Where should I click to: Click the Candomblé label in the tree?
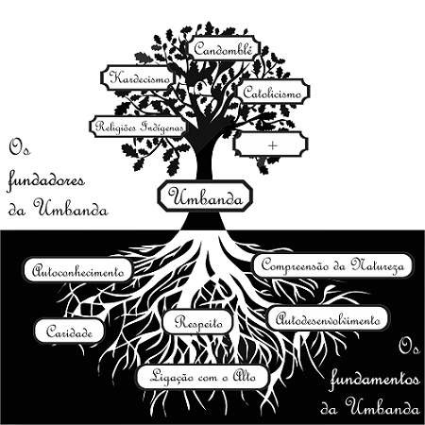pyautogui.click(x=224, y=49)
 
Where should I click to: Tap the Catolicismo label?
pyautogui.click(x=273, y=92)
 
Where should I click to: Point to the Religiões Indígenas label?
pyautogui.click(x=139, y=127)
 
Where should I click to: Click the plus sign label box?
pyautogui.click(x=271, y=144)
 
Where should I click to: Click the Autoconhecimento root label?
pyautogui.click(x=78, y=271)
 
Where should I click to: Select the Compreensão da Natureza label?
pyautogui.click(x=332, y=265)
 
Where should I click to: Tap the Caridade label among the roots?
pyautogui.click(x=69, y=331)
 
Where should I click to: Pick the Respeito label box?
pyautogui.click(x=198, y=322)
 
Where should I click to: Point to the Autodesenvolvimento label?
pyautogui.click(x=328, y=318)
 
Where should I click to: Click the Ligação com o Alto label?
pyautogui.click(x=202, y=377)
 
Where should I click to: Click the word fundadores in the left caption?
pyautogui.click(x=46, y=182)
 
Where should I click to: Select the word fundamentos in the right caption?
pyautogui.click(x=375, y=379)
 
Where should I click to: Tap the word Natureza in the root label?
pyautogui.click(x=378, y=265)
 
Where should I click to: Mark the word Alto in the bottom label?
pyautogui.click(x=245, y=375)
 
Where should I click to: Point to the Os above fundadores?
pyautogui.click(x=20, y=147)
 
